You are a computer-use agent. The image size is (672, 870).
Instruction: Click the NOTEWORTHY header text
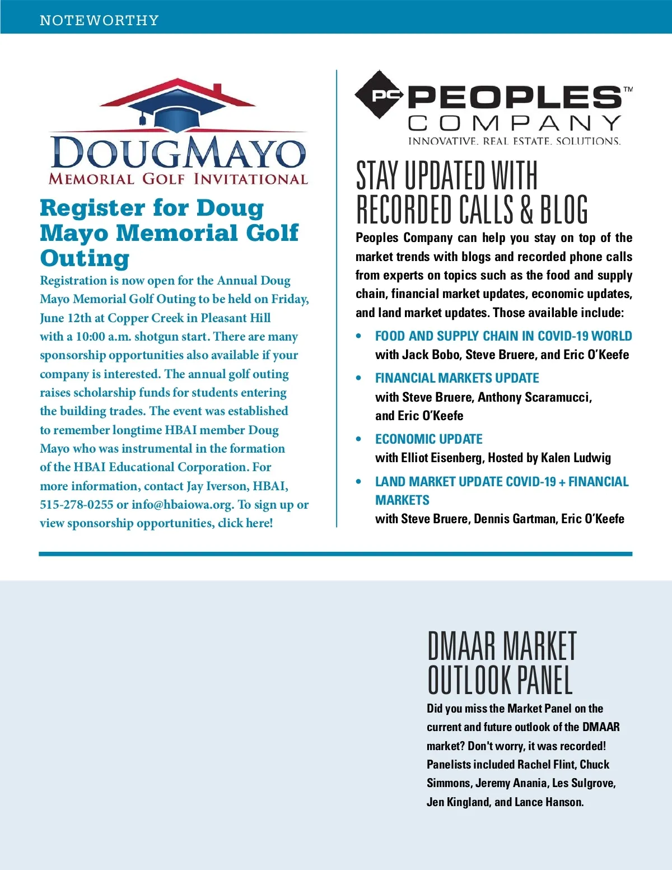[x=99, y=21]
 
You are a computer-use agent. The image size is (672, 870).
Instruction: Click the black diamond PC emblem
[x=380, y=95]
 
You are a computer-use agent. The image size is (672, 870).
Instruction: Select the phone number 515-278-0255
[x=76, y=505]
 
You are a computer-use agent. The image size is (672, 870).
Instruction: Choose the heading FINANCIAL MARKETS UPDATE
[x=457, y=378]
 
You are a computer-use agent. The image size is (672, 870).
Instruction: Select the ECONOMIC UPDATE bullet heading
[x=428, y=439]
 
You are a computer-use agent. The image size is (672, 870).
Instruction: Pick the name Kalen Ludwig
[x=576, y=458]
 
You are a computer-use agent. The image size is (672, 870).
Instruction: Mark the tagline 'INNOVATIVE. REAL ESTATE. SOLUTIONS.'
[x=514, y=141]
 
